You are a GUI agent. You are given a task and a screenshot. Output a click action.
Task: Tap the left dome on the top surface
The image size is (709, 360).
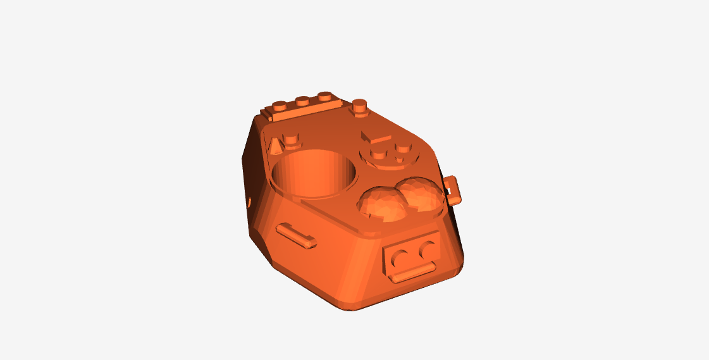[x=382, y=204]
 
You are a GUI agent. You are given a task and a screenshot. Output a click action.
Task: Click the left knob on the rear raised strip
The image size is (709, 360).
[x=280, y=106]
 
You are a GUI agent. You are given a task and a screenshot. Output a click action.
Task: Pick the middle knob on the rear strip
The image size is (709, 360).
[x=302, y=101]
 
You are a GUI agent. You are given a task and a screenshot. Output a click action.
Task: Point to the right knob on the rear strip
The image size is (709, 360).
[x=326, y=96]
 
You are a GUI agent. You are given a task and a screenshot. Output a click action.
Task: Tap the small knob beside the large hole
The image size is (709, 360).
[x=292, y=139]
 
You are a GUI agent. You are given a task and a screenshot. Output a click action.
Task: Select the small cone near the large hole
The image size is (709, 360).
[x=275, y=148]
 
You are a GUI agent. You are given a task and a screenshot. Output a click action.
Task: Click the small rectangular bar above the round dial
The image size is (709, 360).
[x=376, y=136]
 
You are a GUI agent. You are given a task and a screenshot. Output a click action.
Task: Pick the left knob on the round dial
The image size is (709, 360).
[x=378, y=154]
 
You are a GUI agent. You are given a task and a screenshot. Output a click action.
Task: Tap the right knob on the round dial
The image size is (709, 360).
[x=402, y=149]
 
